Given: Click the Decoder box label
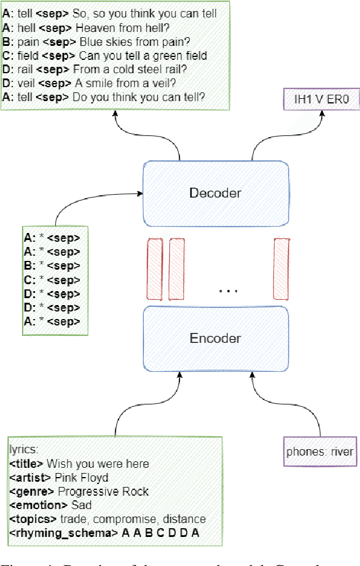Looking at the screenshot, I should point(215,193).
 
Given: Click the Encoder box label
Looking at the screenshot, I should point(215,338).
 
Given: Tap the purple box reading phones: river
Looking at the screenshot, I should point(319,452).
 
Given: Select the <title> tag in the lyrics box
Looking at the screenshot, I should point(26,464).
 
